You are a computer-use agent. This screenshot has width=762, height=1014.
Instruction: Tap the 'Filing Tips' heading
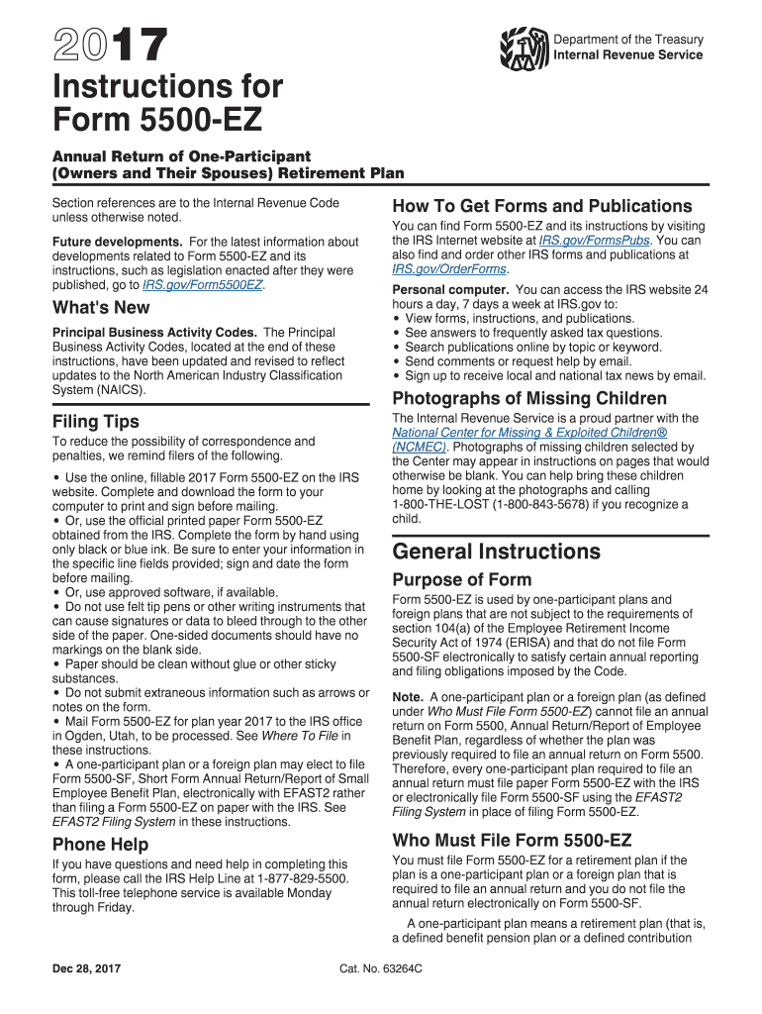click(96, 421)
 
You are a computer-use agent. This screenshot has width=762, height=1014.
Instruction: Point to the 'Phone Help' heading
click(100, 845)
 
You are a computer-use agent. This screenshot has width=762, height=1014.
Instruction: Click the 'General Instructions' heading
click(496, 552)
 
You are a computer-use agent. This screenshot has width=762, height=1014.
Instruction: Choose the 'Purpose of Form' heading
click(462, 579)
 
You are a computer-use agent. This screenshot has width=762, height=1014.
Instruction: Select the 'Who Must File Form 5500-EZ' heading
click(512, 841)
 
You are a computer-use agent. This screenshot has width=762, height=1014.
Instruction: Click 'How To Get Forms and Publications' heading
click(542, 206)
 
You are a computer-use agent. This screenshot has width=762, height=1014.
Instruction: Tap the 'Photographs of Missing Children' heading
click(529, 398)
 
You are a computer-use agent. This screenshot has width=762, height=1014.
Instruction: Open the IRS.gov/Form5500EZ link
click(203, 285)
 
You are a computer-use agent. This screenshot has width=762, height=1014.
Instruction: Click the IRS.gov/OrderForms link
click(450, 268)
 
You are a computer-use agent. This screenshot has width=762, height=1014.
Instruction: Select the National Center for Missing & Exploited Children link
click(529, 433)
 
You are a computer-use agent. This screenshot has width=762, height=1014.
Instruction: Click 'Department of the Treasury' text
click(628, 40)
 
